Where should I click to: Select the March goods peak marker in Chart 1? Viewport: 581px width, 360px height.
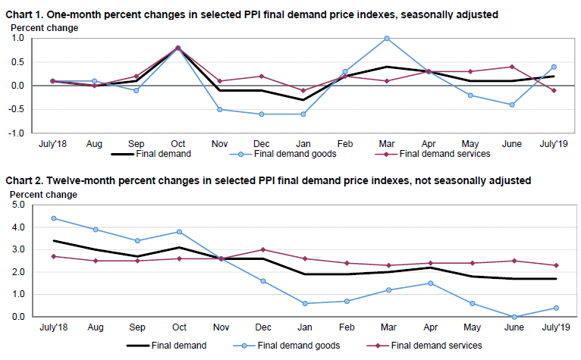coord(387,38)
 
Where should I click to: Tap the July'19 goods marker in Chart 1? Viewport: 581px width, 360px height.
coord(554,67)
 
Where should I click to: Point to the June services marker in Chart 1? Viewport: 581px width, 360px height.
coord(513,67)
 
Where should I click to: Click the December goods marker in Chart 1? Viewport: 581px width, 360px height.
coord(262,114)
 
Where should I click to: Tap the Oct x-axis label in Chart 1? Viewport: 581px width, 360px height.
coord(177,143)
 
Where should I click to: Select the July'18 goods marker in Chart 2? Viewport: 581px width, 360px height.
coord(53,218)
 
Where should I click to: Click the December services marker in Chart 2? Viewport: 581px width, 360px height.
coord(262,249)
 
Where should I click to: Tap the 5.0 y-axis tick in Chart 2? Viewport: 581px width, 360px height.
coord(18,205)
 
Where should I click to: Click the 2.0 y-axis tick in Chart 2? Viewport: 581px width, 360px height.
coord(18,272)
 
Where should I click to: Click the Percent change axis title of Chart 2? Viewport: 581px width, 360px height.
coord(43,195)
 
